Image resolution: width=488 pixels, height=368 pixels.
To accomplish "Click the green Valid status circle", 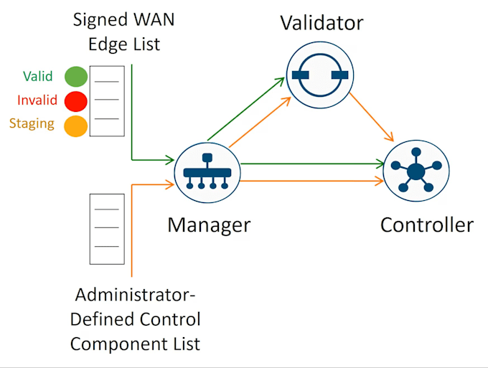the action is click(76, 77).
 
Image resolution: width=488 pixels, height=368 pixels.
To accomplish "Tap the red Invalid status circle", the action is click(76, 101).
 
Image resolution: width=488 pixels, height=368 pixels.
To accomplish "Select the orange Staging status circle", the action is click(75, 126).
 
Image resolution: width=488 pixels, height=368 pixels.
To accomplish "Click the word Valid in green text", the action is click(37, 76).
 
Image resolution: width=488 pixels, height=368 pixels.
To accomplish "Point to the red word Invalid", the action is click(37, 100).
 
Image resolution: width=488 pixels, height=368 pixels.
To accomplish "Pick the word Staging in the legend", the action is click(32, 124).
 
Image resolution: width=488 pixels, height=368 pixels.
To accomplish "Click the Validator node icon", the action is click(320, 75).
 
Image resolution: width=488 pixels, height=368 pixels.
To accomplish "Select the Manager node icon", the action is click(207, 173).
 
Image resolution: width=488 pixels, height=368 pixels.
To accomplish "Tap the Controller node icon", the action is click(416, 171).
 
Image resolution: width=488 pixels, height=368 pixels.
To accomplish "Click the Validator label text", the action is click(322, 23).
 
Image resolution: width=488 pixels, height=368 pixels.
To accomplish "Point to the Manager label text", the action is click(209, 225).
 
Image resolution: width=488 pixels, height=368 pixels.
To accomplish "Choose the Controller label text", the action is click(427, 225).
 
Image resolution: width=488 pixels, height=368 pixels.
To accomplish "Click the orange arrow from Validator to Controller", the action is click(371, 117).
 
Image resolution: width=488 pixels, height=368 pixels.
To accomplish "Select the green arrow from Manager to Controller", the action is click(313, 164).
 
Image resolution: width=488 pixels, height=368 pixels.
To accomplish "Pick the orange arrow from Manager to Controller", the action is click(312, 181).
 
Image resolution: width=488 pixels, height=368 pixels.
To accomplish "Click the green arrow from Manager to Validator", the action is click(246, 109).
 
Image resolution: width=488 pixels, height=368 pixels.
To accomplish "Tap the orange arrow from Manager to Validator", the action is click(260, 122).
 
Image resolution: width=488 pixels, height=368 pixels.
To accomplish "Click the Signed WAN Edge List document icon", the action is click(107, 101).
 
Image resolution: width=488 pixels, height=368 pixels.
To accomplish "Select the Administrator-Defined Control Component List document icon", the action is click(107, 230).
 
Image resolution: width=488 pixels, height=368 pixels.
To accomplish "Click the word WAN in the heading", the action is click(154, 19).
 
